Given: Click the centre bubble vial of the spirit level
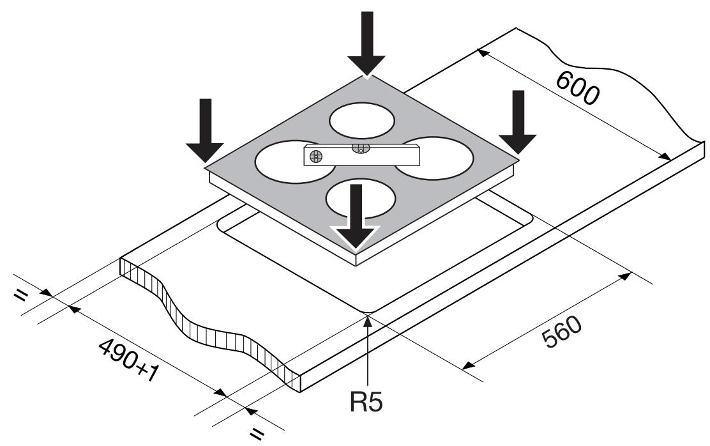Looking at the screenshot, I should coord(360,149).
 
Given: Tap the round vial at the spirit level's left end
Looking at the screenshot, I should coord(315,156).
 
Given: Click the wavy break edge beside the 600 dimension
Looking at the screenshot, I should coord(638,83).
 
